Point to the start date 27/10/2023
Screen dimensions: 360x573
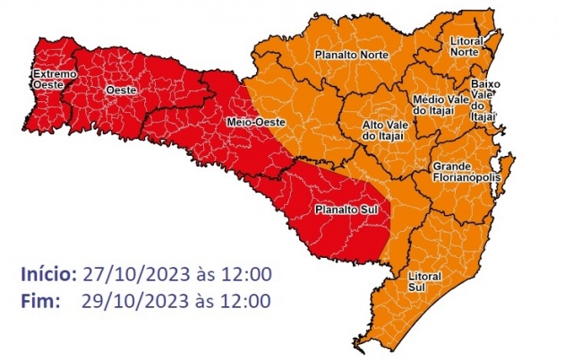(x=128, y=273)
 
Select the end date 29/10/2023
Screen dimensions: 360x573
(x=128, y=300)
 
